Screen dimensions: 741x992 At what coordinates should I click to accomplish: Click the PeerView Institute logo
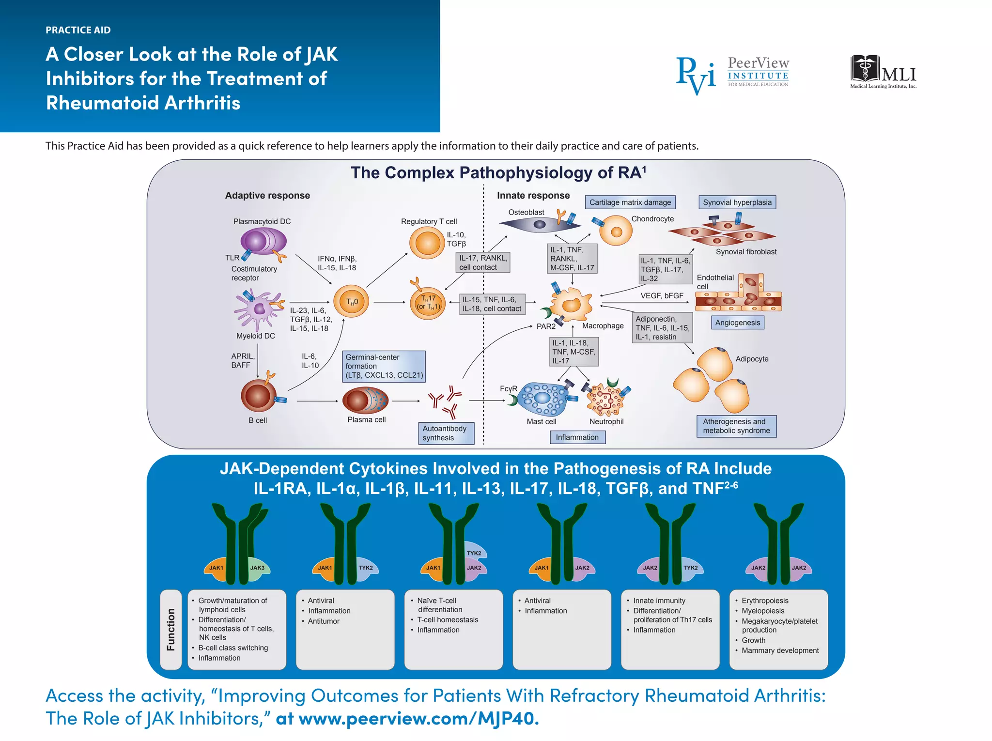732,75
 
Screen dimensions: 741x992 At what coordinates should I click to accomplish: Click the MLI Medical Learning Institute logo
883,72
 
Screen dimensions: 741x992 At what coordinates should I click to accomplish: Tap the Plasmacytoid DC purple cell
263,241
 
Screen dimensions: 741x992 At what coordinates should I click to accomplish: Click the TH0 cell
352,301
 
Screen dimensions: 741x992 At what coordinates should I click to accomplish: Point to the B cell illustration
258,396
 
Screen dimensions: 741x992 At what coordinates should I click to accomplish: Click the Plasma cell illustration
365,401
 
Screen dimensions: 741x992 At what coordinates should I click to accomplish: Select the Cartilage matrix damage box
630,202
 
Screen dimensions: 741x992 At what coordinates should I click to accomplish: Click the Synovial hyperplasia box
737,202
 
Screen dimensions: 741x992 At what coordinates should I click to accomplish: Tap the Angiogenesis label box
737,323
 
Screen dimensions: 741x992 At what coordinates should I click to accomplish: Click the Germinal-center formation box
384,366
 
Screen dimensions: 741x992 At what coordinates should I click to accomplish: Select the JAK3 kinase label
257,568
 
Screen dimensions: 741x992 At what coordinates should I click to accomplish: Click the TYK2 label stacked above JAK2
474,553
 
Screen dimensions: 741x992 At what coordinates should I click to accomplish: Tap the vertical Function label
170,629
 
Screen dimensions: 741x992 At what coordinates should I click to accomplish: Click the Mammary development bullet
780,650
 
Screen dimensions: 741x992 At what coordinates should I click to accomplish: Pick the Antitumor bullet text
324,621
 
